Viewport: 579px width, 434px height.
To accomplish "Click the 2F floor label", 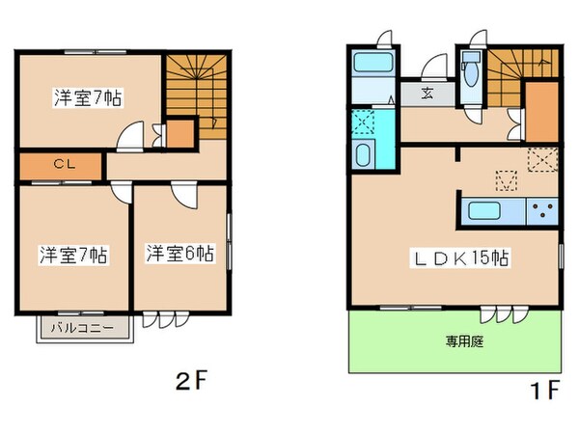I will coord(192,379).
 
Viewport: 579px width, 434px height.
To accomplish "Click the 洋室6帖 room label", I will coord(179,255).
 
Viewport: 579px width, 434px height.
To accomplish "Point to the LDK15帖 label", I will coord(463,258).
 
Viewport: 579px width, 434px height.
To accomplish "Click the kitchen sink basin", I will coord(482,211).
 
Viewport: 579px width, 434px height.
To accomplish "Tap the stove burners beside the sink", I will coord(541,211).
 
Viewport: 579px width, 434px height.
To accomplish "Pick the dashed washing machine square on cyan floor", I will coord(364,122).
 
